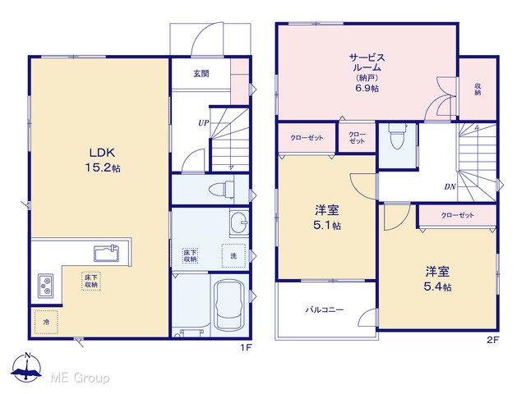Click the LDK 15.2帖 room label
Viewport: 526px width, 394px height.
[102, 160]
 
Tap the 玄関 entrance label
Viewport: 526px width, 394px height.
[201, 73]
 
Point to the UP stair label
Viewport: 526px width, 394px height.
[203, 123]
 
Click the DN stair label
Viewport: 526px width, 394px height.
[450, 186]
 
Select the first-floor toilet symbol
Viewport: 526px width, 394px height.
[222, 190]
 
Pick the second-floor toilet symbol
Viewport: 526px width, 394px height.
[398, 135]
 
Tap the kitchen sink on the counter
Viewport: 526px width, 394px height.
[106, 253]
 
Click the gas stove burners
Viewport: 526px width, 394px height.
[46, 286]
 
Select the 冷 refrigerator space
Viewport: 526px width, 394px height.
[46, 322]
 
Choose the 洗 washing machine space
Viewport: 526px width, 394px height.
[233, 256]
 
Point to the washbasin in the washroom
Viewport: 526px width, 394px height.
[239, 222]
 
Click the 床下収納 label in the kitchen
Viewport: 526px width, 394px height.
[91, 281]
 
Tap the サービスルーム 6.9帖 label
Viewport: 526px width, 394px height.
[367, 72]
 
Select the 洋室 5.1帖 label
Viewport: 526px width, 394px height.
[327, 218]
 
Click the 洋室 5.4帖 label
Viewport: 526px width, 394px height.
[437, 279]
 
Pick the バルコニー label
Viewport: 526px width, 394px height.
[325, 309]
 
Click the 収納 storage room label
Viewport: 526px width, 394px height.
[478, 89]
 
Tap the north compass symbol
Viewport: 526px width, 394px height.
[26, 367]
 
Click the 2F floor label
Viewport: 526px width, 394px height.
[493, 341]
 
